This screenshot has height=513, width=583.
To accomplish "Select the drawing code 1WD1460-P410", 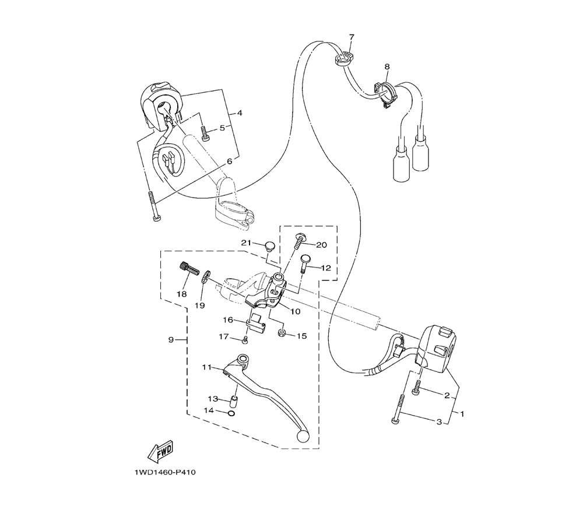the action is click(165, 472).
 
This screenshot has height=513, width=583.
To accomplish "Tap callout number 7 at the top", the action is click(352, 37).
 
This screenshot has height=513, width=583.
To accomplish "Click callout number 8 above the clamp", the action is click(387, 66).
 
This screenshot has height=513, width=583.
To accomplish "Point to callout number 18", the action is click(181, 294).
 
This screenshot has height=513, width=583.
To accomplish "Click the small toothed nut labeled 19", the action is click(205, 277).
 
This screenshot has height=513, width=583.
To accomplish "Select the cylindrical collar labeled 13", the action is click(234, 402).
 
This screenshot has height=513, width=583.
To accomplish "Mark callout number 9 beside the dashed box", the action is click(171, 339).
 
